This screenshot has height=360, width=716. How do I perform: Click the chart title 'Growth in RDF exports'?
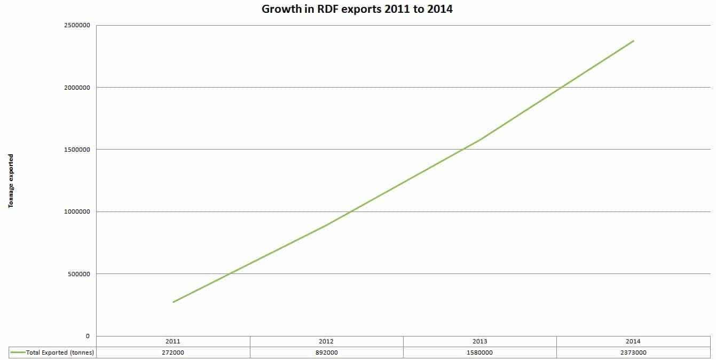click(357, 9)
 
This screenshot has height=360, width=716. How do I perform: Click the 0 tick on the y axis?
click(88, 336)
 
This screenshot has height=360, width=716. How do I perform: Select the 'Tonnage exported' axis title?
click(11, 181)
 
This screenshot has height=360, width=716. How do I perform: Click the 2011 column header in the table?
click(174, 341)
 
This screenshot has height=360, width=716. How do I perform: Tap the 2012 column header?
click(327, 341)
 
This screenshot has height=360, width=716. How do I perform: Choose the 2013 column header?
click(480, 341)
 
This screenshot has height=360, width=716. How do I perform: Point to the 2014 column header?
click(633, 341)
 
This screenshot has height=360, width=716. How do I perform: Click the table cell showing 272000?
click(174, 353)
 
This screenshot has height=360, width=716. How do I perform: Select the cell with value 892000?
click(327, 353)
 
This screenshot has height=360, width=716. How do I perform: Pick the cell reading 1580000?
click(480, 353)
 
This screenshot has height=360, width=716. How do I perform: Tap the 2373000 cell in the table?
click(633, 353)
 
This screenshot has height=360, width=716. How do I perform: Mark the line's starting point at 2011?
click(174, 302)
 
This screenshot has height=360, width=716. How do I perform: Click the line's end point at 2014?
click(633, 41)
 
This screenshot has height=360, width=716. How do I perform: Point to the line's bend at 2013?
click(480, 139)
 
